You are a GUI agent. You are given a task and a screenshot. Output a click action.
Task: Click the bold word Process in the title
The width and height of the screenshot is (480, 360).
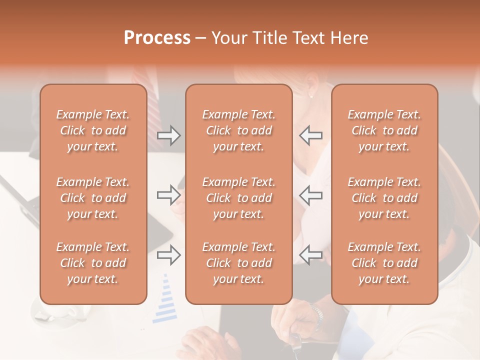(x=157, y=38)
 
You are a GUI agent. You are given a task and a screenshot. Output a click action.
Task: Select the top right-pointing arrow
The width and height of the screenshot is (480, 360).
(x=169, y=135)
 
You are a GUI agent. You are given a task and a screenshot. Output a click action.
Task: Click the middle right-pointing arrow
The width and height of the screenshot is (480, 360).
(x=169, y=195)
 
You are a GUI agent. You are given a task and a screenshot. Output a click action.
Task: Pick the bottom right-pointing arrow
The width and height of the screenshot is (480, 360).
(x=169, y=255)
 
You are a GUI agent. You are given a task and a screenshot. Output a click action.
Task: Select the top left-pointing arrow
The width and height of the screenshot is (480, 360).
(x=311, y=135)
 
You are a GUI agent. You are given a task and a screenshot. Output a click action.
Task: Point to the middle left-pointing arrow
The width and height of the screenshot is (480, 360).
(x=311, y=195)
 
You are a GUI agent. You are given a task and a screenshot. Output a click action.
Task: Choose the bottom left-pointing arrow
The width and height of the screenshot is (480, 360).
(x=311, y=255)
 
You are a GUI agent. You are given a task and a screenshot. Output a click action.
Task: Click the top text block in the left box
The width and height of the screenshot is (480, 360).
(x=93, y=130)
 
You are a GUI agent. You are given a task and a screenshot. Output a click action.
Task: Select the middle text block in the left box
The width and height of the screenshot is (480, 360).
(x=93, y=198)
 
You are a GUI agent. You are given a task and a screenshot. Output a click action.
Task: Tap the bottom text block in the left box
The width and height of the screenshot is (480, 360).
(x=93, y=263)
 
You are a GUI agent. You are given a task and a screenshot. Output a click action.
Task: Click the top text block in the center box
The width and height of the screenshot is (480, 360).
(x=238, y=130)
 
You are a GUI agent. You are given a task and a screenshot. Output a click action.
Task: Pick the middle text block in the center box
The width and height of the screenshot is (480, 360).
(x=238, y=198)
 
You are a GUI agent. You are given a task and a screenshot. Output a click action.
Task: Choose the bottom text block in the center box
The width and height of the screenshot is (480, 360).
(x=238, y=263)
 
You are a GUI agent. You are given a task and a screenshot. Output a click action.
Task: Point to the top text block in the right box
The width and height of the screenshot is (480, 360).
(x=384, y=130)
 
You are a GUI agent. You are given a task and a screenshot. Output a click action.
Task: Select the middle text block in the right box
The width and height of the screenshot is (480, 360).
(x=384, y=198)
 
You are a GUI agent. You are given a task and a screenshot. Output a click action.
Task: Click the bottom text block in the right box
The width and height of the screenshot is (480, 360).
(x=384, y=263)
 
